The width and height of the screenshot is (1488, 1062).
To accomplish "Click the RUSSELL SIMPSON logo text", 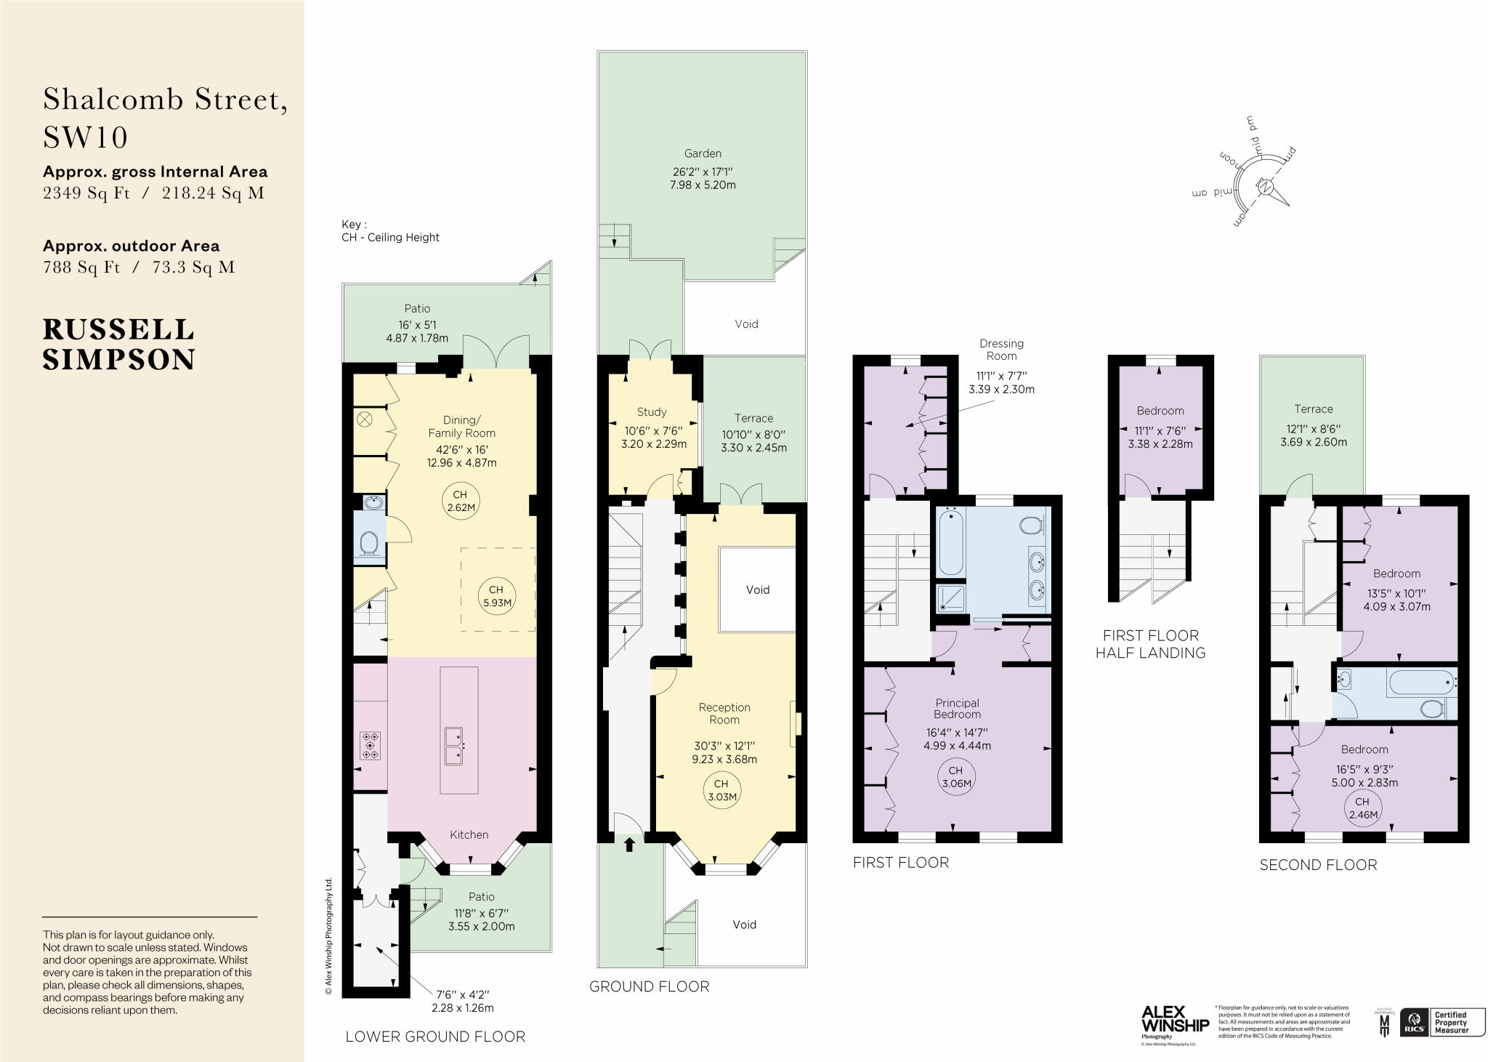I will [118, 345].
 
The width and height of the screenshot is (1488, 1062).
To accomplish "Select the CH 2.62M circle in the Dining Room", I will [461, 502].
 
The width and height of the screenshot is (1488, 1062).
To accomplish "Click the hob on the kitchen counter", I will [371, 746].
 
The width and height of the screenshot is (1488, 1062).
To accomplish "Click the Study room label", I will [651, 412].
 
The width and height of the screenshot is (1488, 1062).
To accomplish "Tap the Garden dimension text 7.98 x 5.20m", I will [702, 185].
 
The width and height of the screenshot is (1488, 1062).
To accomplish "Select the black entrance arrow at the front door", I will [629, 844].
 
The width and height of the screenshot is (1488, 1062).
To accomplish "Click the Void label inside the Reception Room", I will [757, 590].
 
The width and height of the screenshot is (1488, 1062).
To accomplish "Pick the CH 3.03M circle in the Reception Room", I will [721, 790].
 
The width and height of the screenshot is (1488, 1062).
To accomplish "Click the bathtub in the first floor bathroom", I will [950, 543].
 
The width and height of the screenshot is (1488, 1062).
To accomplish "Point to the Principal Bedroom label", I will [957, 709].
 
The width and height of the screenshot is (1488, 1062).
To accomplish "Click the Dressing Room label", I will [1001, 350].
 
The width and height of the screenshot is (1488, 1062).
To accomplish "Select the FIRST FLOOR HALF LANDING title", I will [1150, 644].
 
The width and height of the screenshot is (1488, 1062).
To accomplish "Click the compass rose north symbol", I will [1266, 188].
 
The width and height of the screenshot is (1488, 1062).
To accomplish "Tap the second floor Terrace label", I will [1313, 409].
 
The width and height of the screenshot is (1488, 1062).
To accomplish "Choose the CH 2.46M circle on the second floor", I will [1362, 808].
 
